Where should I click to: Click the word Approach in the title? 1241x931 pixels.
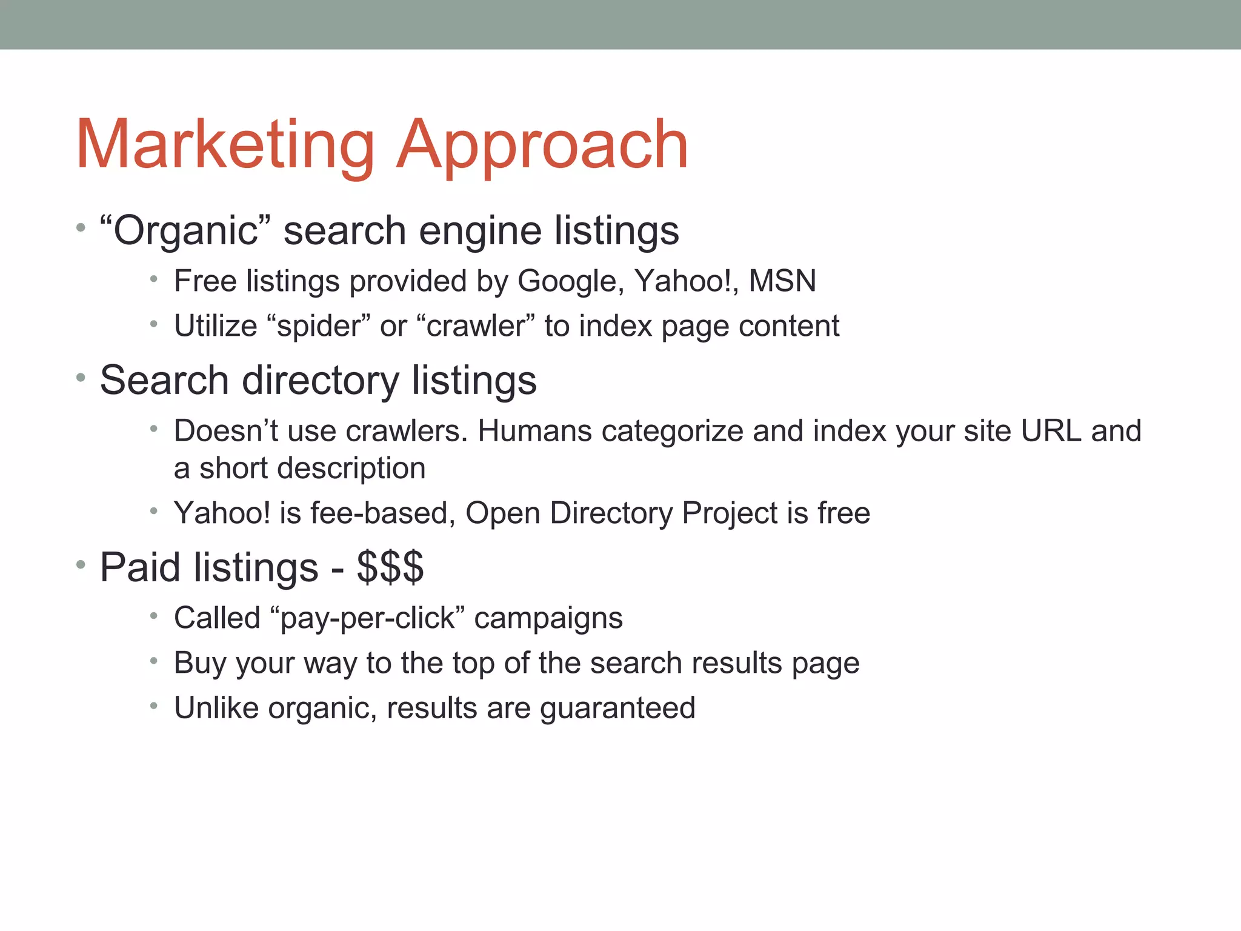542,145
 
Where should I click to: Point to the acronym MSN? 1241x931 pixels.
782,281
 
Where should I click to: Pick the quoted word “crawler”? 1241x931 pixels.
476,326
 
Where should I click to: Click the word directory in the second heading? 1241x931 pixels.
321,381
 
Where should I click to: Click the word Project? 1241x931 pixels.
730,513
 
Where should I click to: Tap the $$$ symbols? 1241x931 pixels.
390,568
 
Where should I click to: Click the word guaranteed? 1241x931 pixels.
617,709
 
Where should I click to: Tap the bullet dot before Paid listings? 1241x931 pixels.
81,565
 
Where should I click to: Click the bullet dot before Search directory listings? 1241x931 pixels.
81,378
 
